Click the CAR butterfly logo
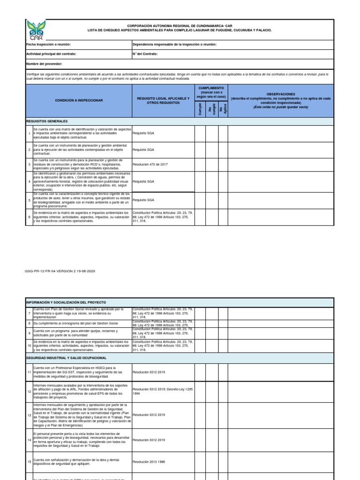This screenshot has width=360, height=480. point(35,30)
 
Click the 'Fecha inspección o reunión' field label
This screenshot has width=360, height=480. point(48,45)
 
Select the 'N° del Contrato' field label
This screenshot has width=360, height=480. point(145,54)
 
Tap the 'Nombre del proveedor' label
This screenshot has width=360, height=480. point(44,63)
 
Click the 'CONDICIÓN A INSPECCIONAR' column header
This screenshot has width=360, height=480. point(79,101)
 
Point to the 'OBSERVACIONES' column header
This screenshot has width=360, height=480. point(281,94)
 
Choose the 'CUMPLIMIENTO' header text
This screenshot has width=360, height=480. point(211,88)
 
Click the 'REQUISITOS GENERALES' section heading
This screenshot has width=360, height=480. point(47,121)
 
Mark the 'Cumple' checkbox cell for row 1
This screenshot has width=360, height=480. point(200,134)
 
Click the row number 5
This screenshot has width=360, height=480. point(29,200)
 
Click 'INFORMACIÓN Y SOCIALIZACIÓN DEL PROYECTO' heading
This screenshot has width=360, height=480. point(66,302)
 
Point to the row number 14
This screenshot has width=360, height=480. point(29,440)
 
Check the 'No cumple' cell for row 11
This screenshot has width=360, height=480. point(211,372)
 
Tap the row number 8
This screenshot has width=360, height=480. point(29,323)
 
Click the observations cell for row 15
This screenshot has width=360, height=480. point(281,462)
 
